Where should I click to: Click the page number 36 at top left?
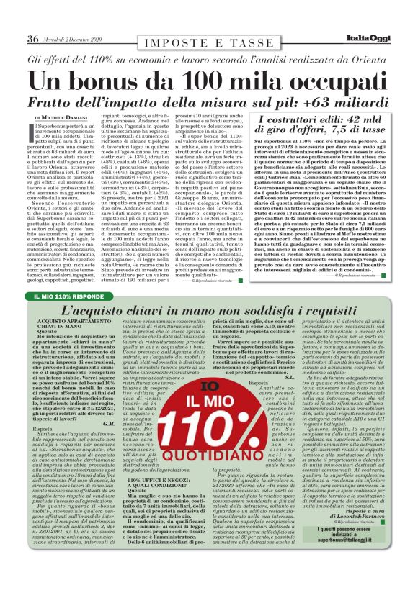[33, 38]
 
